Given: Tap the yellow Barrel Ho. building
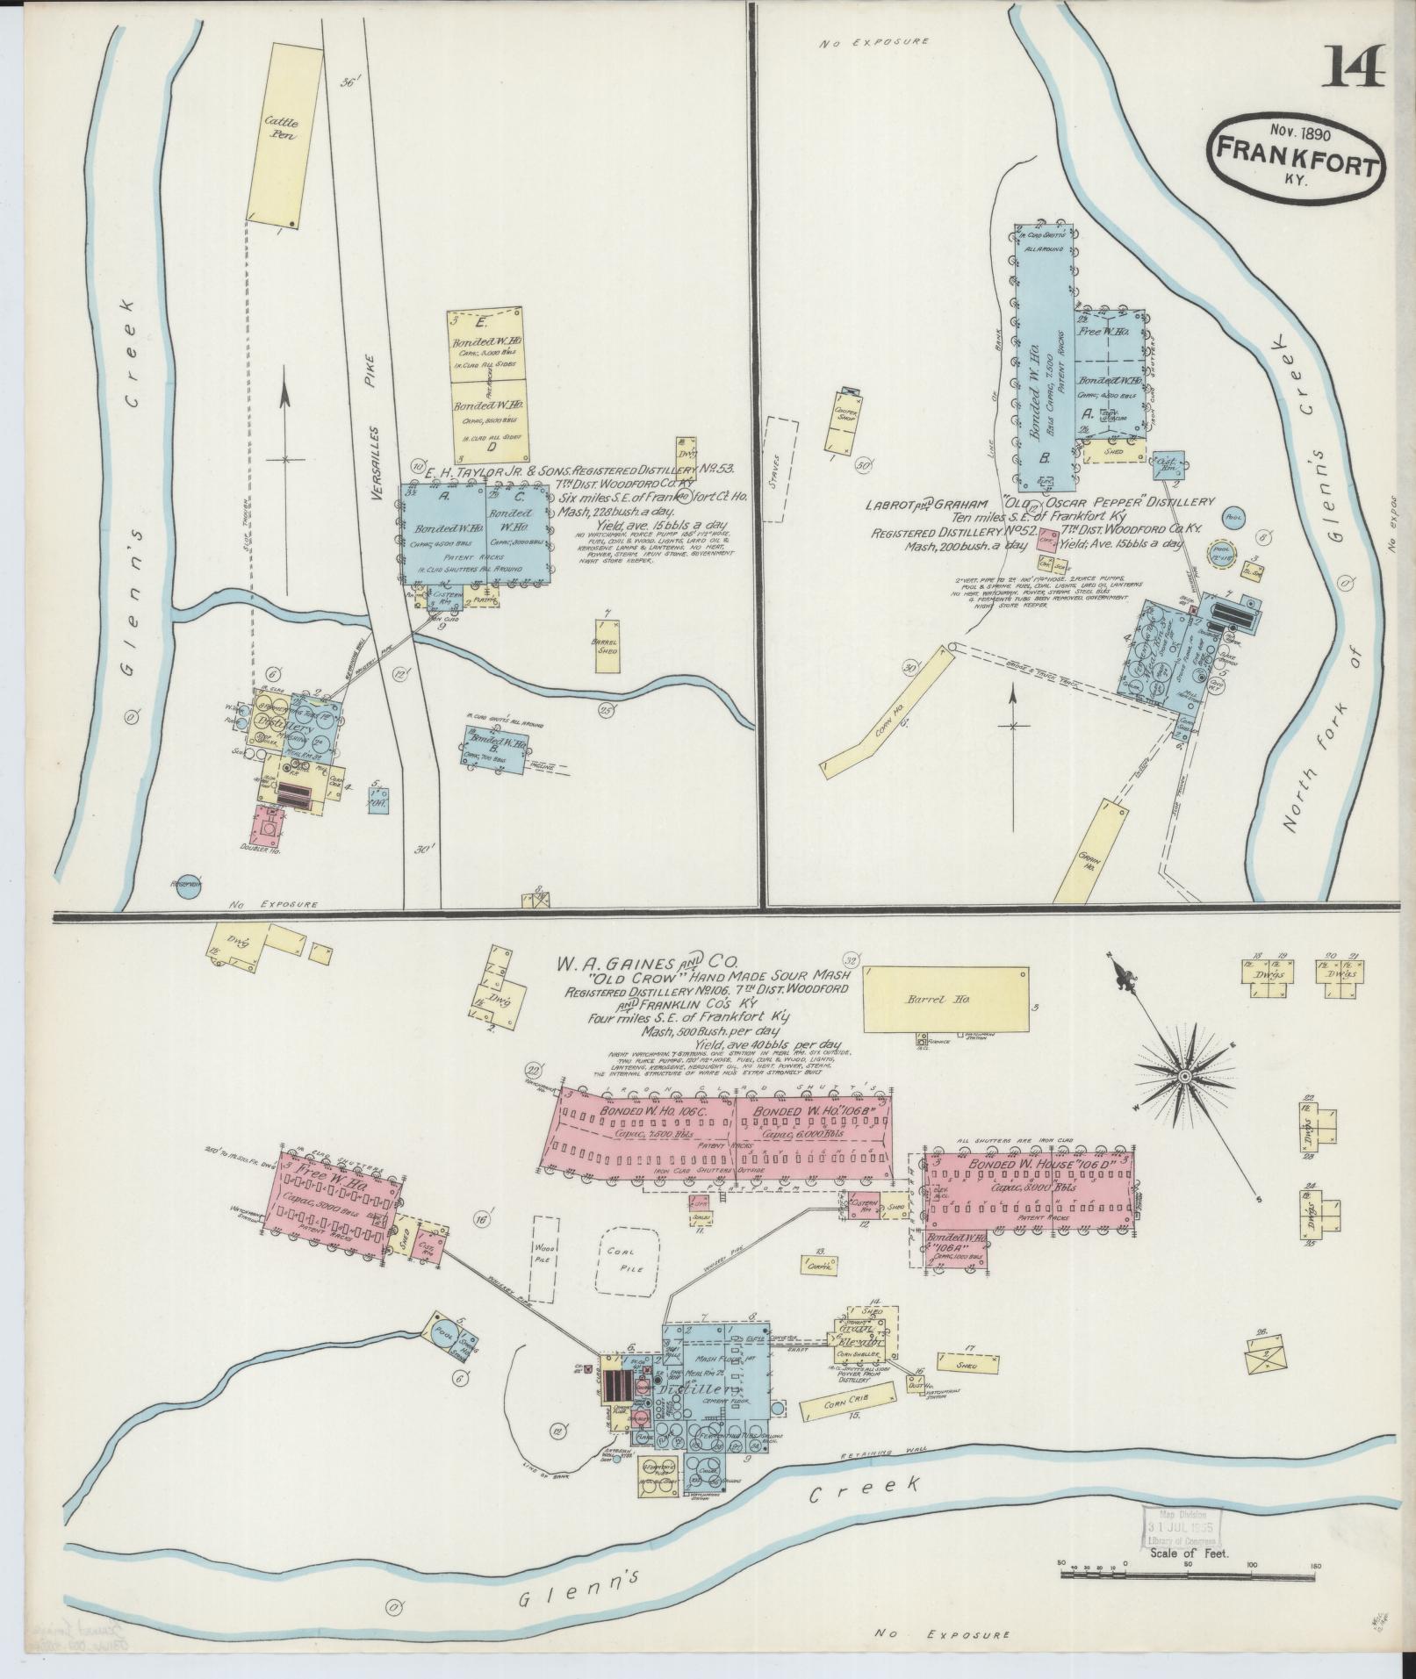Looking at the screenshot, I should pyautogui.click(x=945, y=1000).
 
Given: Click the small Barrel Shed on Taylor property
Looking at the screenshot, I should pyautogui.click(x=607, y=645).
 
